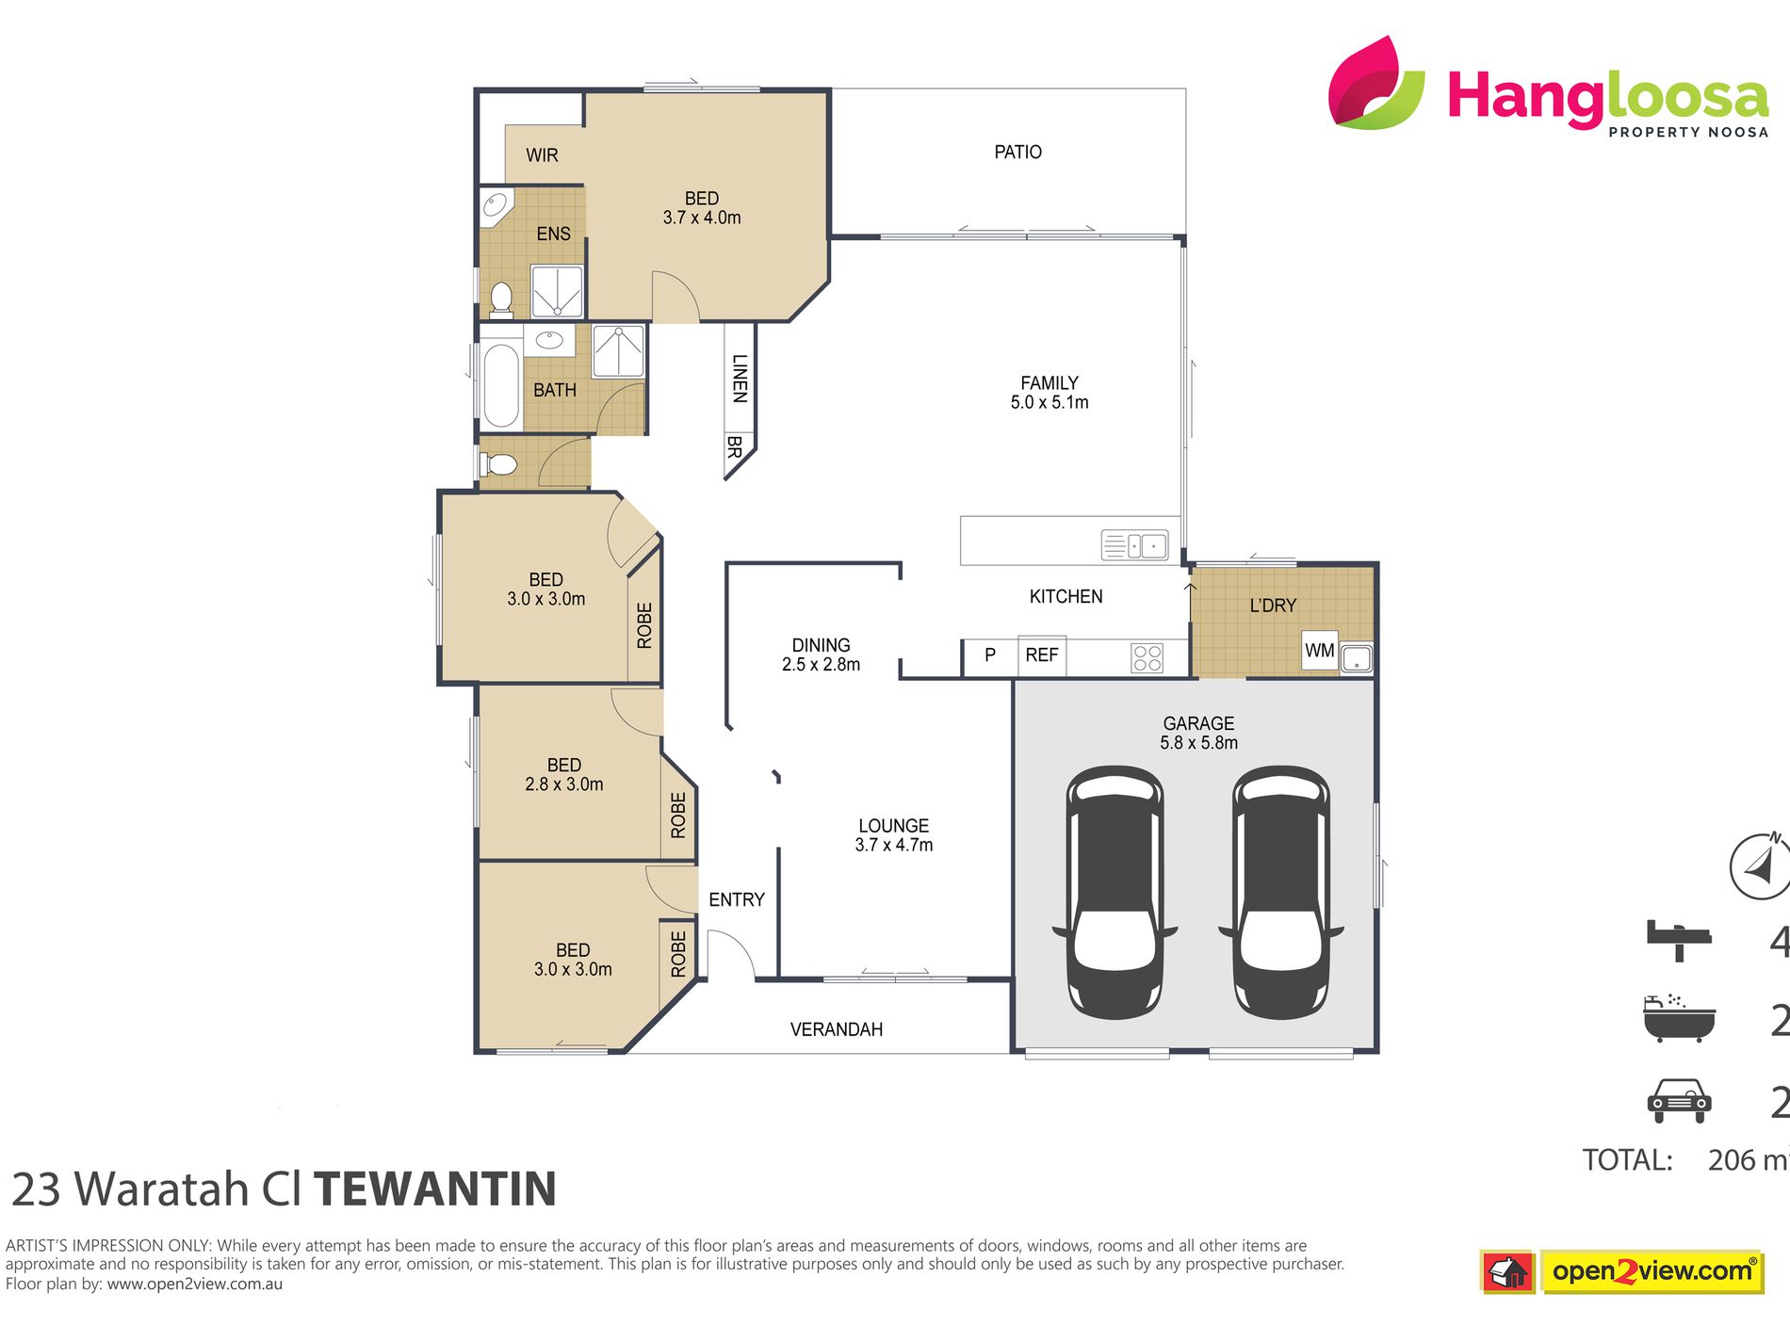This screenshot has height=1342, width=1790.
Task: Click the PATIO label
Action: point(1017,152)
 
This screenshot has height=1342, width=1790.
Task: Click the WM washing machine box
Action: point(1319,651)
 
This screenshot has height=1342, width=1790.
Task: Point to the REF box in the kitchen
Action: point(1041,655)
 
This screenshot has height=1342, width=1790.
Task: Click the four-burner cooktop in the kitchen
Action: point(1147,657)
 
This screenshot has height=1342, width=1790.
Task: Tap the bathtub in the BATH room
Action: point(500,386)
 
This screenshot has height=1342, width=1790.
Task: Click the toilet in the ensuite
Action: point(501,299)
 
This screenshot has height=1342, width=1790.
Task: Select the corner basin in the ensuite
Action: point(495,206)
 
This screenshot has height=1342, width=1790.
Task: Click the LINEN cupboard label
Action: point(740,379)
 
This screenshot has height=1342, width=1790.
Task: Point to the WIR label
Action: point(542,155)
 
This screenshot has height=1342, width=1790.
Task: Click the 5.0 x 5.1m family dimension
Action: point(1049,403)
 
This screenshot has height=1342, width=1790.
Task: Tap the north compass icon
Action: point(1760,865)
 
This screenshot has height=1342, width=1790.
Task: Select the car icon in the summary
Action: point(1679,1100)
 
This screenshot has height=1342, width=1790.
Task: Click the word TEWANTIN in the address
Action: point(435,1189)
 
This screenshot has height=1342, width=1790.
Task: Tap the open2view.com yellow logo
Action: point(1652,1271)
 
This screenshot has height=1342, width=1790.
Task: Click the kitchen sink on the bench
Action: point(1134,545)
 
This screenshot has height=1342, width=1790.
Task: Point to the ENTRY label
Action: point(736,900)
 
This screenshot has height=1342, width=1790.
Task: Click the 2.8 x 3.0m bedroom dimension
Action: point(563,784)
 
